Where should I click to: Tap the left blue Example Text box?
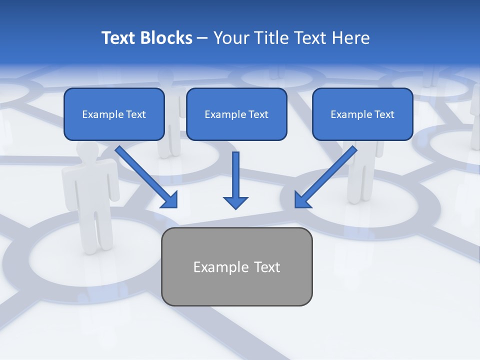[114, 114]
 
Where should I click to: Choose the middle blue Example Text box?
[236, 114]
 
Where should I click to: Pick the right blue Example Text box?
[362, 114]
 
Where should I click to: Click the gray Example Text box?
[236, 266]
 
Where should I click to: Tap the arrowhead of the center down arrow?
[235, 202]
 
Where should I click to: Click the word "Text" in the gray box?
[266, 267]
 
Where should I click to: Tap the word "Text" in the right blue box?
[383, 114]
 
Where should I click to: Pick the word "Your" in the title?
[230, 38]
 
